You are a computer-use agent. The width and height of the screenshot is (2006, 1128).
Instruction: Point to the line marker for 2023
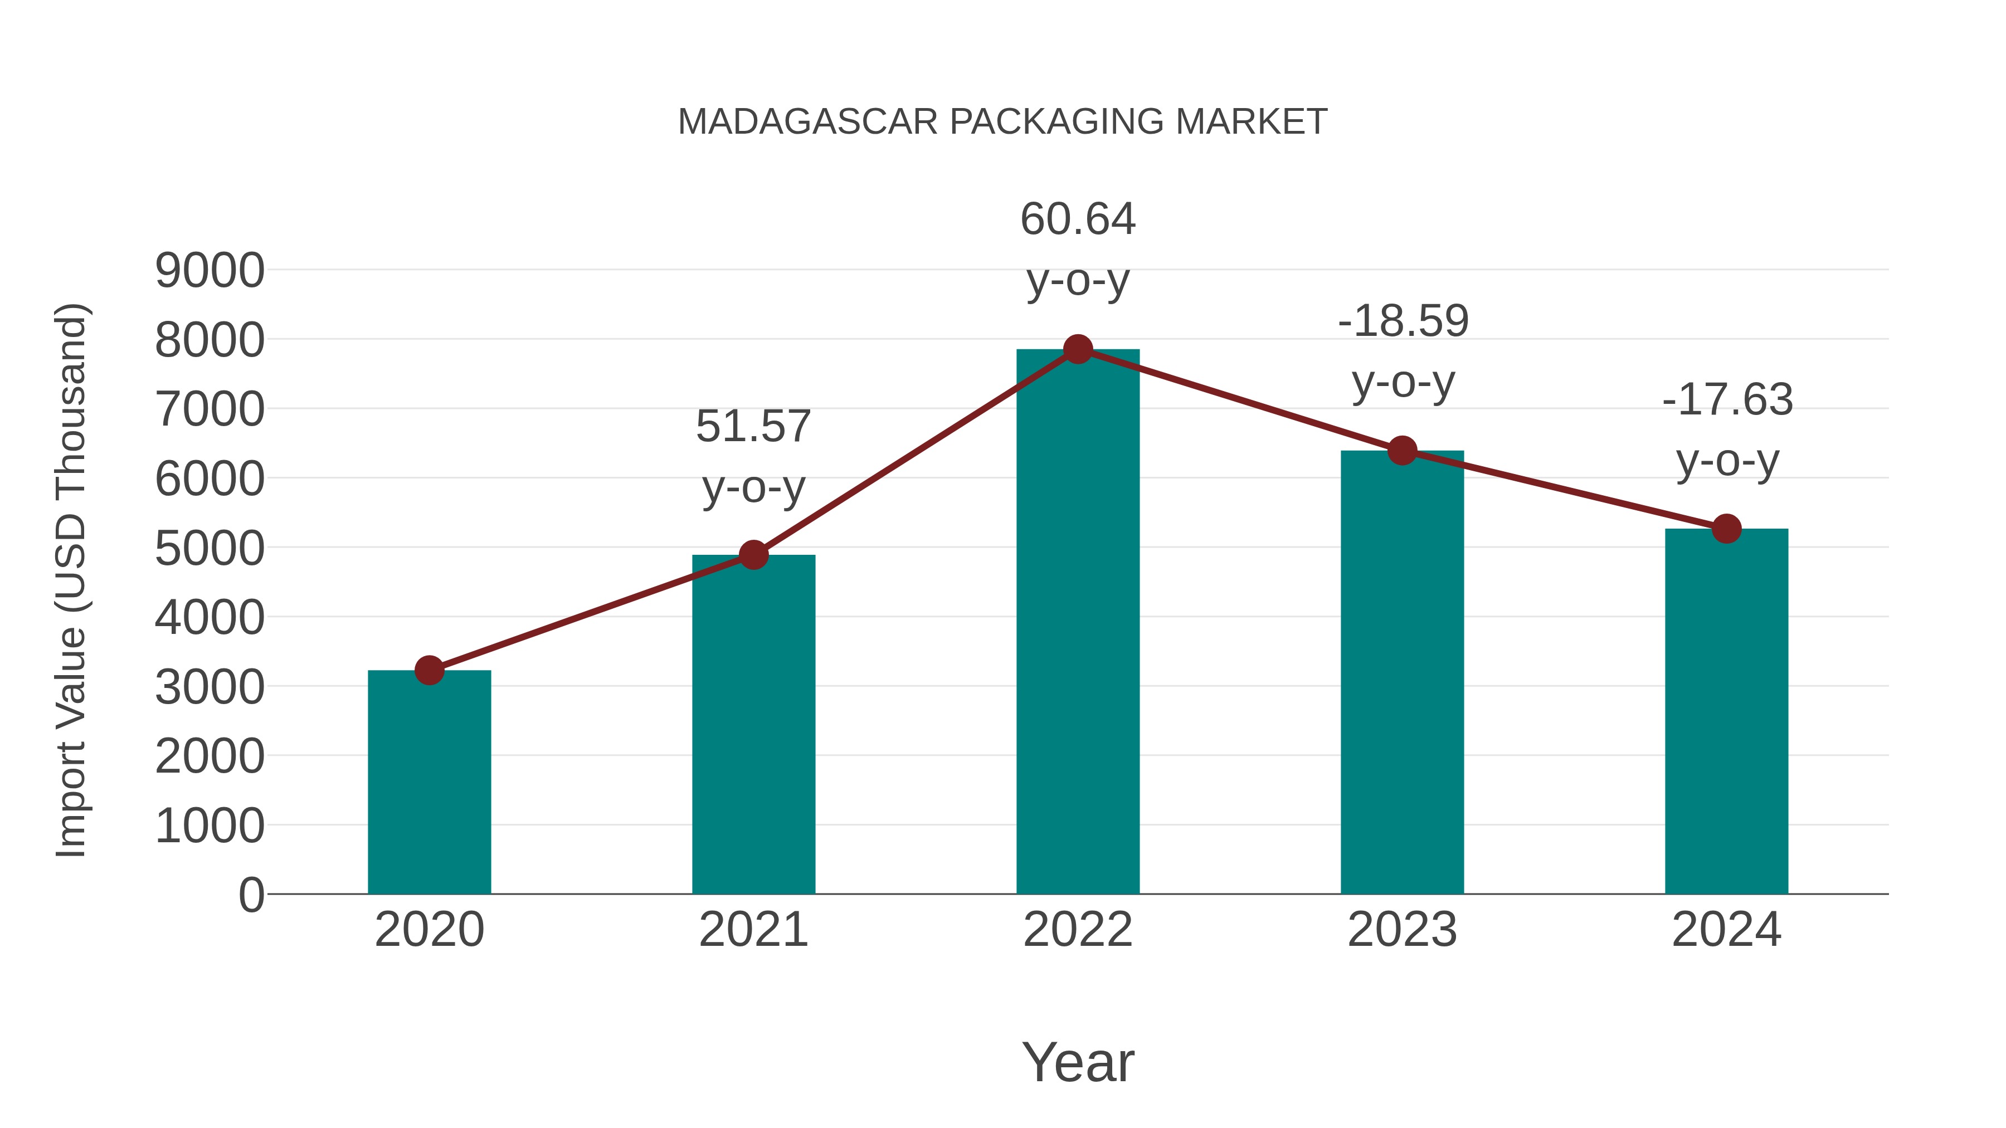click(x=1403, y=451)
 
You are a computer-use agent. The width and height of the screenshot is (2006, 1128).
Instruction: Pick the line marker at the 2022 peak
click(x=1078, y=349)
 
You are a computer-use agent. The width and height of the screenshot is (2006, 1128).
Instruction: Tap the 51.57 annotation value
click(x=753, y=427)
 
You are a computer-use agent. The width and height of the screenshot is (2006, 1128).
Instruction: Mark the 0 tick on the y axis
click(x=251, y=895)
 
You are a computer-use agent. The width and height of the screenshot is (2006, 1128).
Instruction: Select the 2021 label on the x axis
click(x=753, y=930)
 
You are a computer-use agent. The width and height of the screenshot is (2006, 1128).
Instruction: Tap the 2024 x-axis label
click(x=1726, y=930)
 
